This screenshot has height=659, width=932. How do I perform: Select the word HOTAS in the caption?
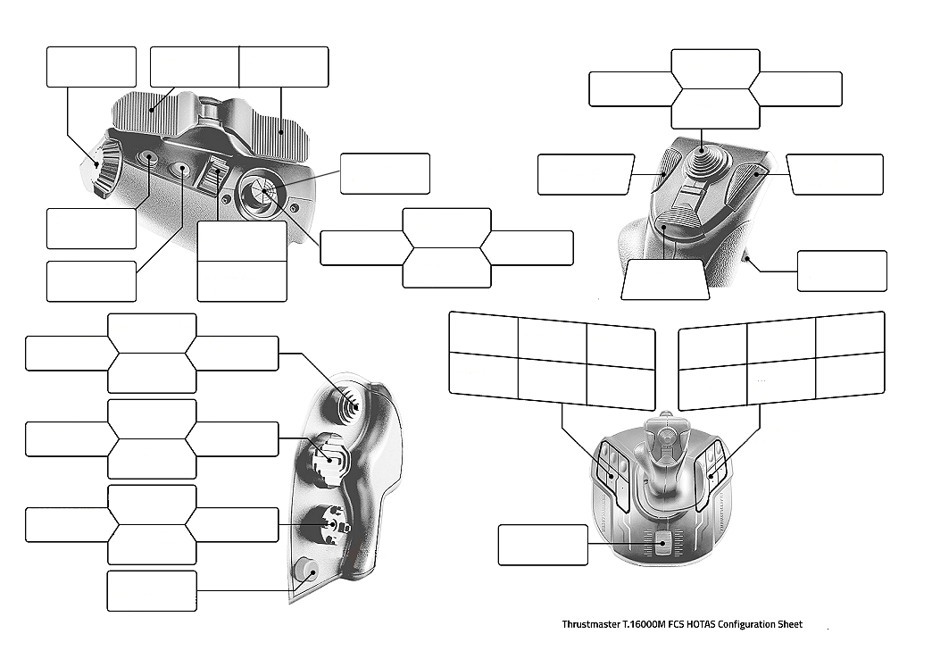point(699,624)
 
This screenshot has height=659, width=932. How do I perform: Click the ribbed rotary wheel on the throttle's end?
point(107,167)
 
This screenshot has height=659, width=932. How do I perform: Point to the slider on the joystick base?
point(662,541)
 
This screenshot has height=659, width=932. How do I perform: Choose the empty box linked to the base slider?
point(543,545)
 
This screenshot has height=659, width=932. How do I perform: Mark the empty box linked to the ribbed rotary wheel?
point(91,67)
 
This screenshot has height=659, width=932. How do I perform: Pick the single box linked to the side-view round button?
point(152,591)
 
